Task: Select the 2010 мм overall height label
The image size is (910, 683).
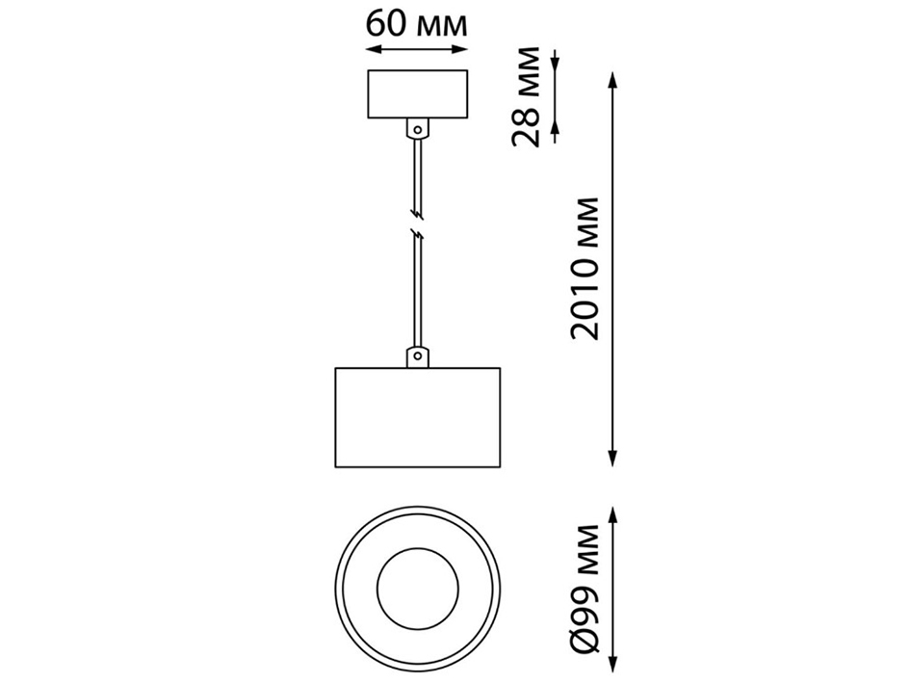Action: (x=585, y=268)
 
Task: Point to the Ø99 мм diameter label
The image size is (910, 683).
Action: (x=585, y=590)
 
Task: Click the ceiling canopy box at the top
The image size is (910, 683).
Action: (x=417, y=94)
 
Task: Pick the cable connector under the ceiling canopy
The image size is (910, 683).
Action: (x=417, y=127)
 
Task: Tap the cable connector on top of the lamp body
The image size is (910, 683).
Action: (x=417, y=356)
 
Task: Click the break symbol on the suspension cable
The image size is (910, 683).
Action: (x=417, y=222)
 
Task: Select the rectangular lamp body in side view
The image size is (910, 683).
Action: (x=417, y=418)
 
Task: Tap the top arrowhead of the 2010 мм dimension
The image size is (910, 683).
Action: (x=613, y=79)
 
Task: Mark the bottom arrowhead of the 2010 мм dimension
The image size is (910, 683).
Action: (x=613, y=460)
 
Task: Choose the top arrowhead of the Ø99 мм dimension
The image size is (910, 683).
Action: (x=613, y=510)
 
